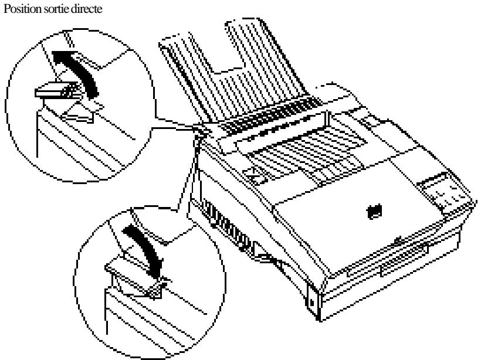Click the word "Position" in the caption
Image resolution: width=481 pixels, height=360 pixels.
[x=17, y=6]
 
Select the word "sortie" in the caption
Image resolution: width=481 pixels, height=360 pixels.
[x=48, y=6]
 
